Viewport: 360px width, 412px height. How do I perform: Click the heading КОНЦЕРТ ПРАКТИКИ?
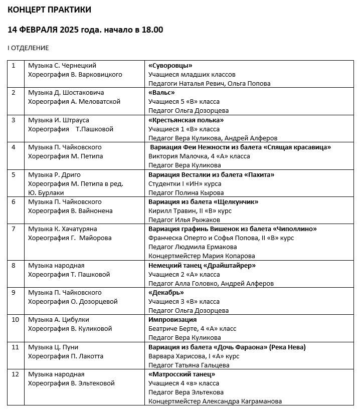[x=50, y=10]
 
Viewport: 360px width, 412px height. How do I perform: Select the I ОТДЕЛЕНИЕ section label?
[x=28, y=48]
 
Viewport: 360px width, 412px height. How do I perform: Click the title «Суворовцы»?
[x=170, y=66]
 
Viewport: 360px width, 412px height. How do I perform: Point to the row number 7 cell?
[x=14, y=229]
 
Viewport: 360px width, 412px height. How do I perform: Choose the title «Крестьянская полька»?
[x=186, y=120]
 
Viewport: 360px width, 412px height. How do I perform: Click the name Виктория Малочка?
[x=171, y=156]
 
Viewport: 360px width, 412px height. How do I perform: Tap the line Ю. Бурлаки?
[x=46, y=193]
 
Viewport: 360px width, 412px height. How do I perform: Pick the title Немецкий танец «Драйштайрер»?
[x=202, y=266]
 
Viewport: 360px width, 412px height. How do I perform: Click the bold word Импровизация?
[x=172, y=320]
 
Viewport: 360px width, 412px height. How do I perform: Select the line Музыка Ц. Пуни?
[x=53, y=347]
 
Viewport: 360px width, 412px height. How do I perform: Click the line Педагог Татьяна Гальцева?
[x=189, y=365]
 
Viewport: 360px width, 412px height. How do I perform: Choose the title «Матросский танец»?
[x=182, y=374]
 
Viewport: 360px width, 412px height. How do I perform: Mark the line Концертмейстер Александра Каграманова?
[x=215, y=401]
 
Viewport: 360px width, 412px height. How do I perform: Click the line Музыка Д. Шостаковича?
[x=66, y=93]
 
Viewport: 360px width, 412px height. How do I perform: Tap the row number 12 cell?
[x=16, y=374]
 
